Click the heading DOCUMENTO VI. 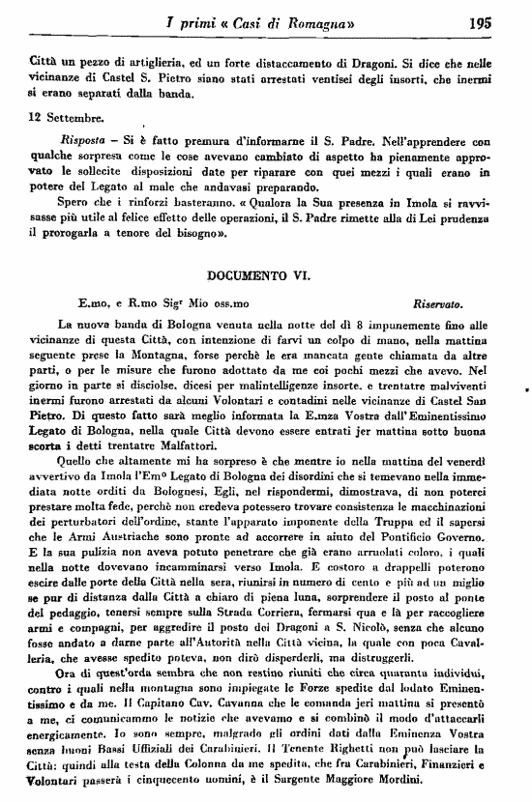coord(263,276)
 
